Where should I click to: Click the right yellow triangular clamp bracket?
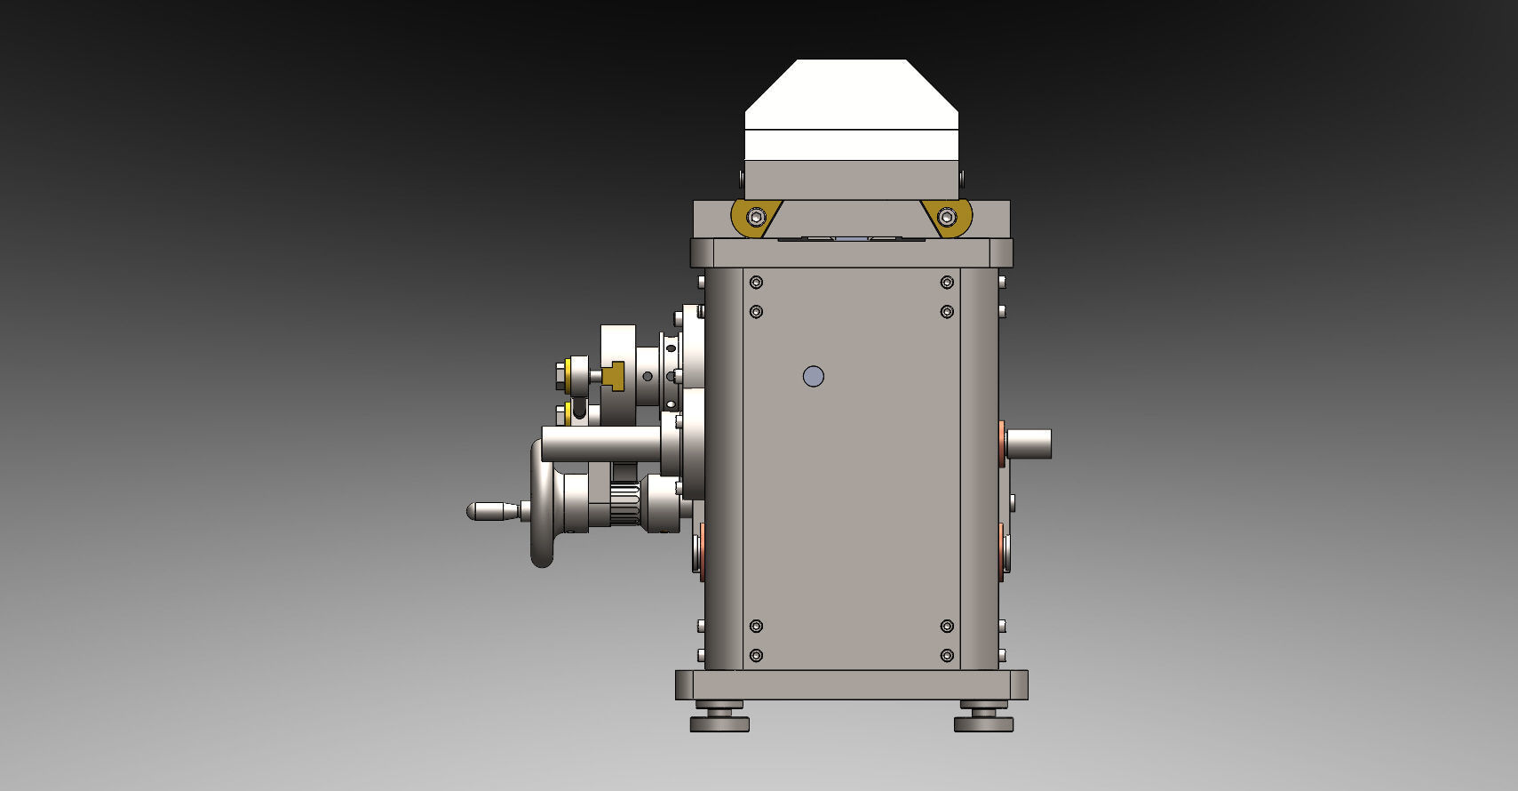[x=949, y=217]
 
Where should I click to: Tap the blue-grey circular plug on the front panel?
[x=813, y=377]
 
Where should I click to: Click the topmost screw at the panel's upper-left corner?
[x=756, y=283]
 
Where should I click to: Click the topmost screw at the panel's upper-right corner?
[x=947, y=283]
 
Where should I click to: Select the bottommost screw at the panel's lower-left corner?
[x=756, y=656]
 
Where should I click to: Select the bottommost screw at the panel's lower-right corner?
[x=947, y=656]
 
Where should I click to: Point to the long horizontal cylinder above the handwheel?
[x=600, y=444]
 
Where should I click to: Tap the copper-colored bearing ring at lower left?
[x=703, y=551]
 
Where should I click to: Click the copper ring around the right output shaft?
[x=1002, y=443]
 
